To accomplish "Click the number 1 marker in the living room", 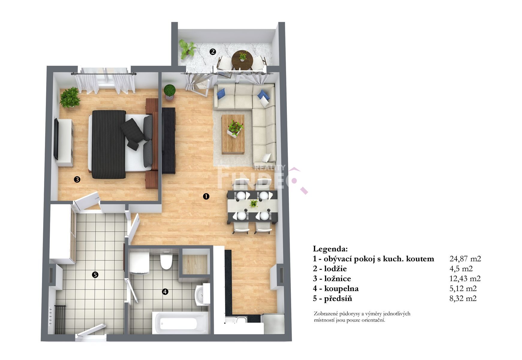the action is pyautogui.click(x=206, y=196).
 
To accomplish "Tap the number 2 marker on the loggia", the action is pyautogui.click(x=213, y=52).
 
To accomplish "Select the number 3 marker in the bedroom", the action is pyautogui.click(x=77, y=179).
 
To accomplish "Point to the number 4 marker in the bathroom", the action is pyautogui.click(x=165, y=291).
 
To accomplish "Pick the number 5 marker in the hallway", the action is pyautogui.click(x=95, y=274).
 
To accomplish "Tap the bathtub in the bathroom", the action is pyautogui.click(x=180, y=322).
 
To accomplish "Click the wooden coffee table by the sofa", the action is pyautogui.click(x=233, y=134).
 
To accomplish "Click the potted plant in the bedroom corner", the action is pyautogui.click(x=70, y=97).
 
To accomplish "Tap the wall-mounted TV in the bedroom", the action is pyautogui.click(x=56, y=139).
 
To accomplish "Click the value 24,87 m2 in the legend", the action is pyautogui.click(x=465, y=259).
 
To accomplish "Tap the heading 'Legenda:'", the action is pyautogui.click(x=330, y=249).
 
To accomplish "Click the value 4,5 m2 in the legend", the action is pyautogui.click(x=461, y=268).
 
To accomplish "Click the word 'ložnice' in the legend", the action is pyautogui.click(x=338, y=278).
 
